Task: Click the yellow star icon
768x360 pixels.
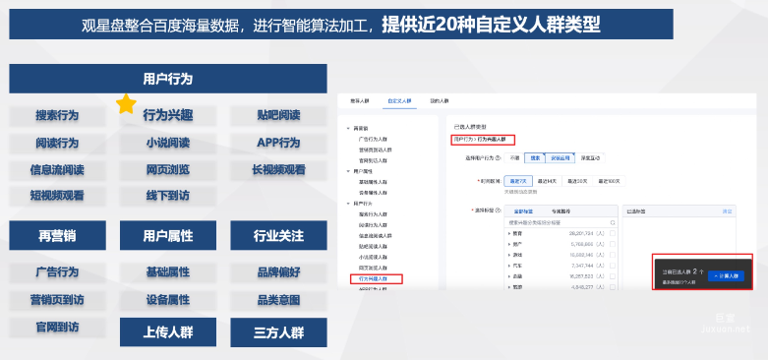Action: click(126, 103)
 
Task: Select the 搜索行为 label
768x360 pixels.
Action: click(57, 115)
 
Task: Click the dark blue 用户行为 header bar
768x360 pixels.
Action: click(167, 79)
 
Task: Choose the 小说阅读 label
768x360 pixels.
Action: click(167, 143)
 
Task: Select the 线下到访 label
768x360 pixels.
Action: click(167, 195)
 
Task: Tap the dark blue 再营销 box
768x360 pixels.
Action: click(57, 236)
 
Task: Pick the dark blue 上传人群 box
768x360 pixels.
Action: click(167, 331)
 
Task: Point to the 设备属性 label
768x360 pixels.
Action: click(167, 299)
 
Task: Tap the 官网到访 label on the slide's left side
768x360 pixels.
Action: click(57, 326)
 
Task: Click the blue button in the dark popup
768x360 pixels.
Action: click(726, 276)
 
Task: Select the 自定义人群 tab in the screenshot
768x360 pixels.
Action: click(399, 100)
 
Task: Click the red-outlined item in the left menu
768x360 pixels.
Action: click(376, 279)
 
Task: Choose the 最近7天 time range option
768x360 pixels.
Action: click(517, 181)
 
